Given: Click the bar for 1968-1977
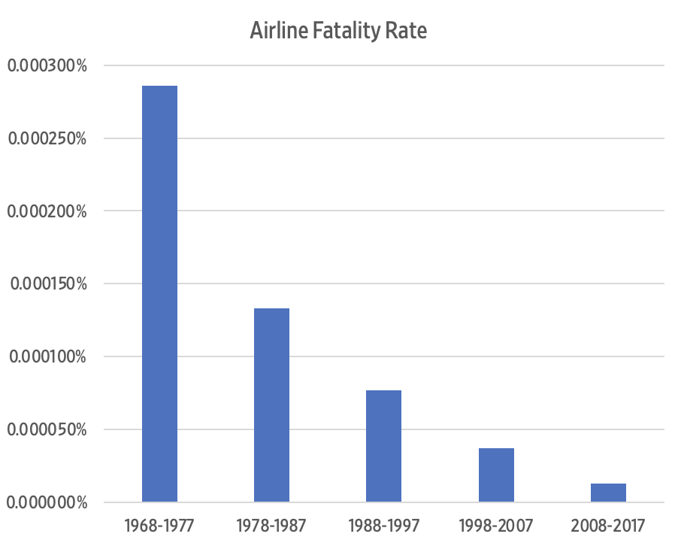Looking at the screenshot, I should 159,293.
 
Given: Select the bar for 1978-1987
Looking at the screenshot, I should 271,405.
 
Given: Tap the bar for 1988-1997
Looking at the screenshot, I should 383,446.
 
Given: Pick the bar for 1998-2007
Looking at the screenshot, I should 496,475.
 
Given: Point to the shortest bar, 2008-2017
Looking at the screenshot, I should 608,493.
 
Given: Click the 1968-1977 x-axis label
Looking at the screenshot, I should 159,525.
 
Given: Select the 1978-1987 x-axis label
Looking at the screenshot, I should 271,525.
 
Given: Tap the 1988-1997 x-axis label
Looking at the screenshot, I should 383,525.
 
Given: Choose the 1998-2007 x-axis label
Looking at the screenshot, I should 496,525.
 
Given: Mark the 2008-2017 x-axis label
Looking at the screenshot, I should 608,525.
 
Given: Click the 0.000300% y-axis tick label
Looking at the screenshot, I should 47,65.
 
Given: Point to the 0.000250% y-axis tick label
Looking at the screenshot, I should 47,138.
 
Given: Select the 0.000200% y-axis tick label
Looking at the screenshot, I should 47,211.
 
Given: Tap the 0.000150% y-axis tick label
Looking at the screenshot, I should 47,284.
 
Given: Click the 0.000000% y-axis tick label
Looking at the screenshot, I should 47,502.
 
